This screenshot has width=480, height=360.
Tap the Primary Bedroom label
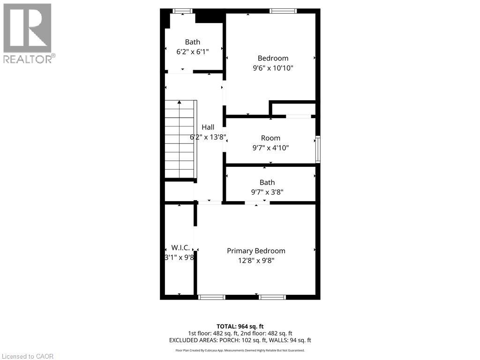[x=256, y=251]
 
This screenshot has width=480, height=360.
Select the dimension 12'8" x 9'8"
[x=256, y=260]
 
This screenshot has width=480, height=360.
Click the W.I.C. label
[x=180, y=247]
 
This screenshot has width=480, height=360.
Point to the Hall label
[x=208, y=127]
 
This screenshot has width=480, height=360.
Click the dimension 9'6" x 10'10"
[x=273, y=68]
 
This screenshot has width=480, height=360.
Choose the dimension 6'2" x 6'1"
[x=192, y=52]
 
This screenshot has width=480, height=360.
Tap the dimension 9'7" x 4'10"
[x=270, y=148]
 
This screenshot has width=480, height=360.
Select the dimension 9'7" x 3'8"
[x=267, y=192]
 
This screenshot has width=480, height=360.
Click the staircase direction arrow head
[x=179, y=102]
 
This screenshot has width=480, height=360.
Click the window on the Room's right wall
[x=318, y=149]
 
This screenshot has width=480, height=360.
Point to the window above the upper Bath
[x=182, y=11]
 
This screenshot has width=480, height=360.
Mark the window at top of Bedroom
[x=283, y=11]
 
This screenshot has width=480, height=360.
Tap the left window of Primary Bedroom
[x=212, y=297]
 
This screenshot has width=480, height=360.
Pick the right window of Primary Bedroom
[x=272, y=297]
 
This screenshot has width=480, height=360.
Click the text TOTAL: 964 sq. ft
[x=240, y=326]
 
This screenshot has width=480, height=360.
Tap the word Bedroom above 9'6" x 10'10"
[x=273, y=58]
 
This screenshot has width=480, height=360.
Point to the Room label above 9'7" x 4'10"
[x=270, y=138]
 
